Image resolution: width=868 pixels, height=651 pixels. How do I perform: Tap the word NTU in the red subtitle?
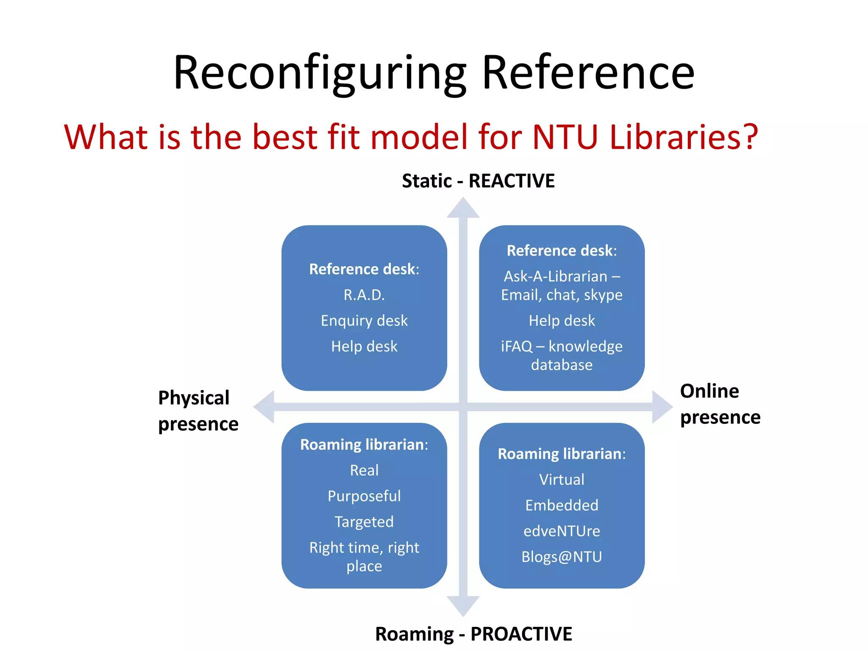tap(565, 137)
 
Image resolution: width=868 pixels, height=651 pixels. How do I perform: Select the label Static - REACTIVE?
tap(478, 181)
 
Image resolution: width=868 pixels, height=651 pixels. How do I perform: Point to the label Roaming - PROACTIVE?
tap(473, 634)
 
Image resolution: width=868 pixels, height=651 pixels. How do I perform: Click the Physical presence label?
tap(198, 411)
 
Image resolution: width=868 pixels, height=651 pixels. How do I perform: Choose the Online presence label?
tap(720, 404)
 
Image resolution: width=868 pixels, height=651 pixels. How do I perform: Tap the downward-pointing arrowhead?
tap(463, 606)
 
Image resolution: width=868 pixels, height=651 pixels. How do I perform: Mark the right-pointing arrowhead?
tap(662, 407)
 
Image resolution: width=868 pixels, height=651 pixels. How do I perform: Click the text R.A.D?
tap(364, 295)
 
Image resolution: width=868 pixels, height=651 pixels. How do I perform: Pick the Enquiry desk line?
tap(364, 321)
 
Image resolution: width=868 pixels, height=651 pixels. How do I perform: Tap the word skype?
tap(603, 295)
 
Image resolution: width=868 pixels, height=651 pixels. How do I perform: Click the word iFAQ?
tap(516, 347)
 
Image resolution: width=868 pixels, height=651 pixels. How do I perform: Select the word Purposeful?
tap(364, 496)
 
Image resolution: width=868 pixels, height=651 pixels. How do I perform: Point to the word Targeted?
tap(364, 522)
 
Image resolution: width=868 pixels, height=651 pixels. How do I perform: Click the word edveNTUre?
tap(562, 531)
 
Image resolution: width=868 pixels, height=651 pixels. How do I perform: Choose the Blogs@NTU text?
tap(562, 557)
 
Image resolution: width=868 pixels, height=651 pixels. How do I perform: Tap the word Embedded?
tap(562, 506)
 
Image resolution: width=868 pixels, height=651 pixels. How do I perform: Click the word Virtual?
tap(562, 480)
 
